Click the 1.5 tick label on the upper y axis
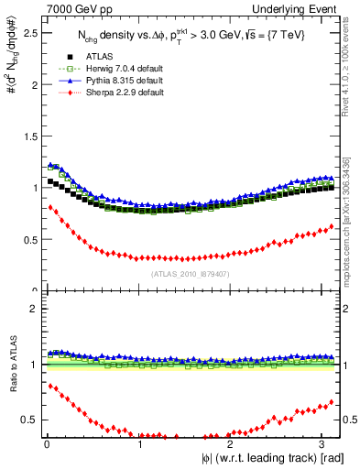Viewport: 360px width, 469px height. click(x=28, y=136)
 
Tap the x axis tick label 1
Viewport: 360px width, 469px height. click(x=139, y=444)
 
